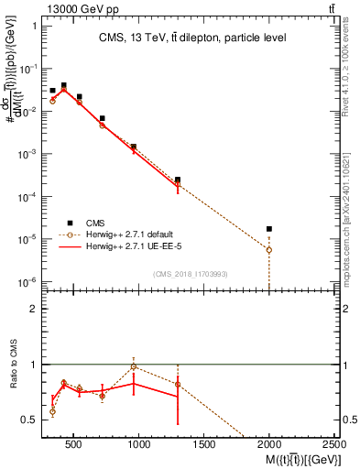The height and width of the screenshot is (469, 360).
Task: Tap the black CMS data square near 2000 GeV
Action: tap(269, 229)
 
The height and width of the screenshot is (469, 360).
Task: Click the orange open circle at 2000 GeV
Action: tap(269, 249)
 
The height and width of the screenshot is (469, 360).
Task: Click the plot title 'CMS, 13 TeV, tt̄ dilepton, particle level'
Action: tap(192, 38)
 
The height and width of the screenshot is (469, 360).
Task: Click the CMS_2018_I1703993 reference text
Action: tap(191, 273)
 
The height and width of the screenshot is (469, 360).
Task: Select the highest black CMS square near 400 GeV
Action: tap(63, 85)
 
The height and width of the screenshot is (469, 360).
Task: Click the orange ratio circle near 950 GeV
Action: tap(134, 366)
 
